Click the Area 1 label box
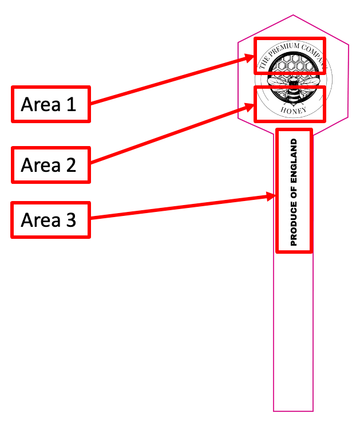pyautogui.click(x=50, y=104)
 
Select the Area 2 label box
pyautogui.click(x=50, y=165)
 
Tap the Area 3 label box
pyautogui.click(x=50, y=220)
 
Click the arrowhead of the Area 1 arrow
pyautogui.click(x=251, y=57)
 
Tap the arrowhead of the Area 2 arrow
pyautogui.click(x=251, y=105)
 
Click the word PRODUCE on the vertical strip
pyautogui.click(x=294, y=226)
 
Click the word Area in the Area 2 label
pyautogui.click(x=40, y=166)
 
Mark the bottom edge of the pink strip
pyautogui.click(x=293, y=411)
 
